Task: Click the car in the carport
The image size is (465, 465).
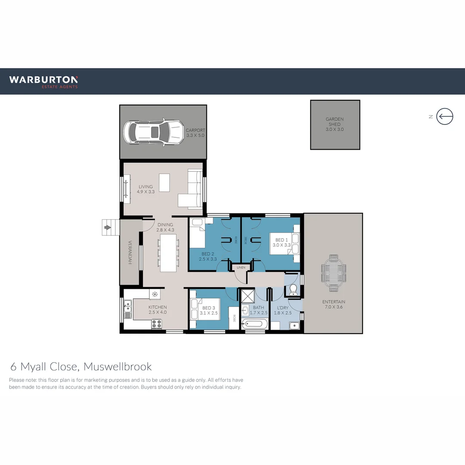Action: pos(152,132)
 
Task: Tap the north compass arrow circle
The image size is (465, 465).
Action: pos(445,116)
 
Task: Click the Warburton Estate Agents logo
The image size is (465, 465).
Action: pos(43,81)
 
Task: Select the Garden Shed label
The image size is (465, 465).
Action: pos(335,124)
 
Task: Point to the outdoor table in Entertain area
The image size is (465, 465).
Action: pos(333,273)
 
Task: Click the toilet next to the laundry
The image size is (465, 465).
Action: pos(293,290)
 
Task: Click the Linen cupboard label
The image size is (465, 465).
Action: pos(241,268)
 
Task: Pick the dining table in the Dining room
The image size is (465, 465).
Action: pos(168,252)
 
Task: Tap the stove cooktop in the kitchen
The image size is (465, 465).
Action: pos(156,324)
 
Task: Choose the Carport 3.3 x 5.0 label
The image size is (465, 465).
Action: pos(195,133)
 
